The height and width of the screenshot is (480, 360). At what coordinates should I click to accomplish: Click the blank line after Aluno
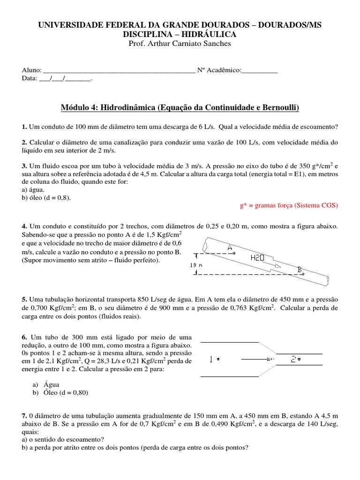point(119,71)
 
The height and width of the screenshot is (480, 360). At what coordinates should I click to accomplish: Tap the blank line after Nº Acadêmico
point(259,71)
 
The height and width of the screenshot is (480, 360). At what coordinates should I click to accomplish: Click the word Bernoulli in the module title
point(278,108)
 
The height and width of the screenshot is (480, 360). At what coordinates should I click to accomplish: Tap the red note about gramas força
point(288,205)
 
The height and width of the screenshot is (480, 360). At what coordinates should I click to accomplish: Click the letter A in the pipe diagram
point(229,247)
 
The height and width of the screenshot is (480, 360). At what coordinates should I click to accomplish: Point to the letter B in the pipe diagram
point(299,269)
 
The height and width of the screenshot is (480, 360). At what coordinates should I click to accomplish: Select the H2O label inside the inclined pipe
point(258,257)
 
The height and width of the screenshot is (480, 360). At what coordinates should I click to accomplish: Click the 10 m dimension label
point(196,265)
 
